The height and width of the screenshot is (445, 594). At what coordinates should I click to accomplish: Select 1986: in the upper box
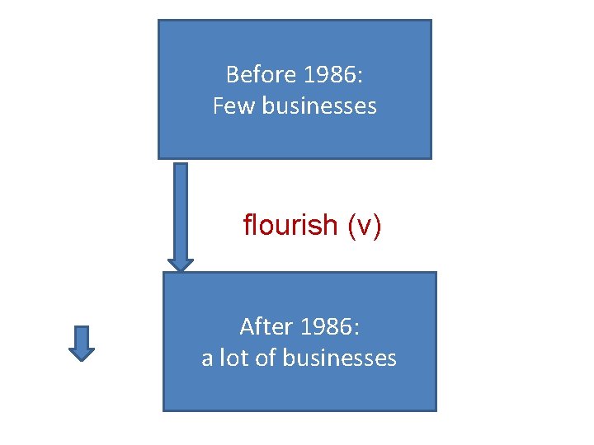click(x=333, y=75)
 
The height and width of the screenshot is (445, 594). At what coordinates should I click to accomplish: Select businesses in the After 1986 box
click(x=339, y=358)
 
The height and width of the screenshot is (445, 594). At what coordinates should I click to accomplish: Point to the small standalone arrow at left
click(x=81, y=343)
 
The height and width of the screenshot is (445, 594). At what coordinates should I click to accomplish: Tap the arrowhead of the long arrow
click(x=181, y=264)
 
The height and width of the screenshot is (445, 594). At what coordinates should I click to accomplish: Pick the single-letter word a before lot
click(x=207, y=359)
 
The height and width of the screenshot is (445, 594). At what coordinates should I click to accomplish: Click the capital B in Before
click(x=232, y=75)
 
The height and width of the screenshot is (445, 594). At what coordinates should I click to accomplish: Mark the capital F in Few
click(x=218, y=106)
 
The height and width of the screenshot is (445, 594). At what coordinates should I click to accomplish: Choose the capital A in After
click(x=246, y=327)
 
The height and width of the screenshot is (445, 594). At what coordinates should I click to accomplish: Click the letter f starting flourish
click(x=247, y=224)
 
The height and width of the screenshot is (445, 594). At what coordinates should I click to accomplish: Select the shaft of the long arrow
click(x=181, y=206)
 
